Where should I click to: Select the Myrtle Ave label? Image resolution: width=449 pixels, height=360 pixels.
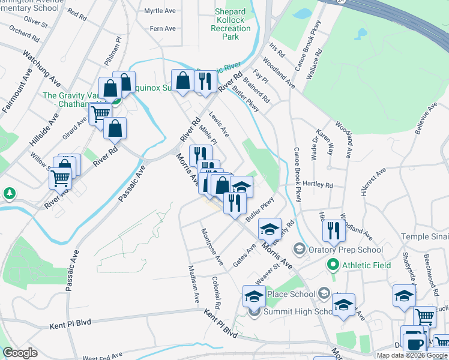pyautogui.click(x=159, y=11)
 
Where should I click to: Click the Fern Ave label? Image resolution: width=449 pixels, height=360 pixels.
pyautogui.click(x=163, y=28)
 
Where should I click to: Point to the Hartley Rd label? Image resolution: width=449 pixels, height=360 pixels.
pyautogui.click(x=318, y=184)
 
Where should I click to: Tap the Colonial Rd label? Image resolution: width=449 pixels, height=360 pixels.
pyautogui.click(x=217, y=292)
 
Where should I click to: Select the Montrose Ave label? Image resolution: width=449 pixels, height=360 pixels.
pyautogui.click(x=212, y=247)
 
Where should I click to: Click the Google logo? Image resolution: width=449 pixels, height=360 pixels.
pyautogui.click(x=20, y=353)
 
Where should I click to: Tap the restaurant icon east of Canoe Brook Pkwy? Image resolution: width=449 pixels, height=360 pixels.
pyautogui.click(x=333, y=230)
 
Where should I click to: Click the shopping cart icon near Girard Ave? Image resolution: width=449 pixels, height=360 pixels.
pyautogui.click(x=100, y=112)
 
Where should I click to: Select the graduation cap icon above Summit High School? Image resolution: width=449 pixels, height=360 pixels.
pyautogui.click(x=254, y=295)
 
